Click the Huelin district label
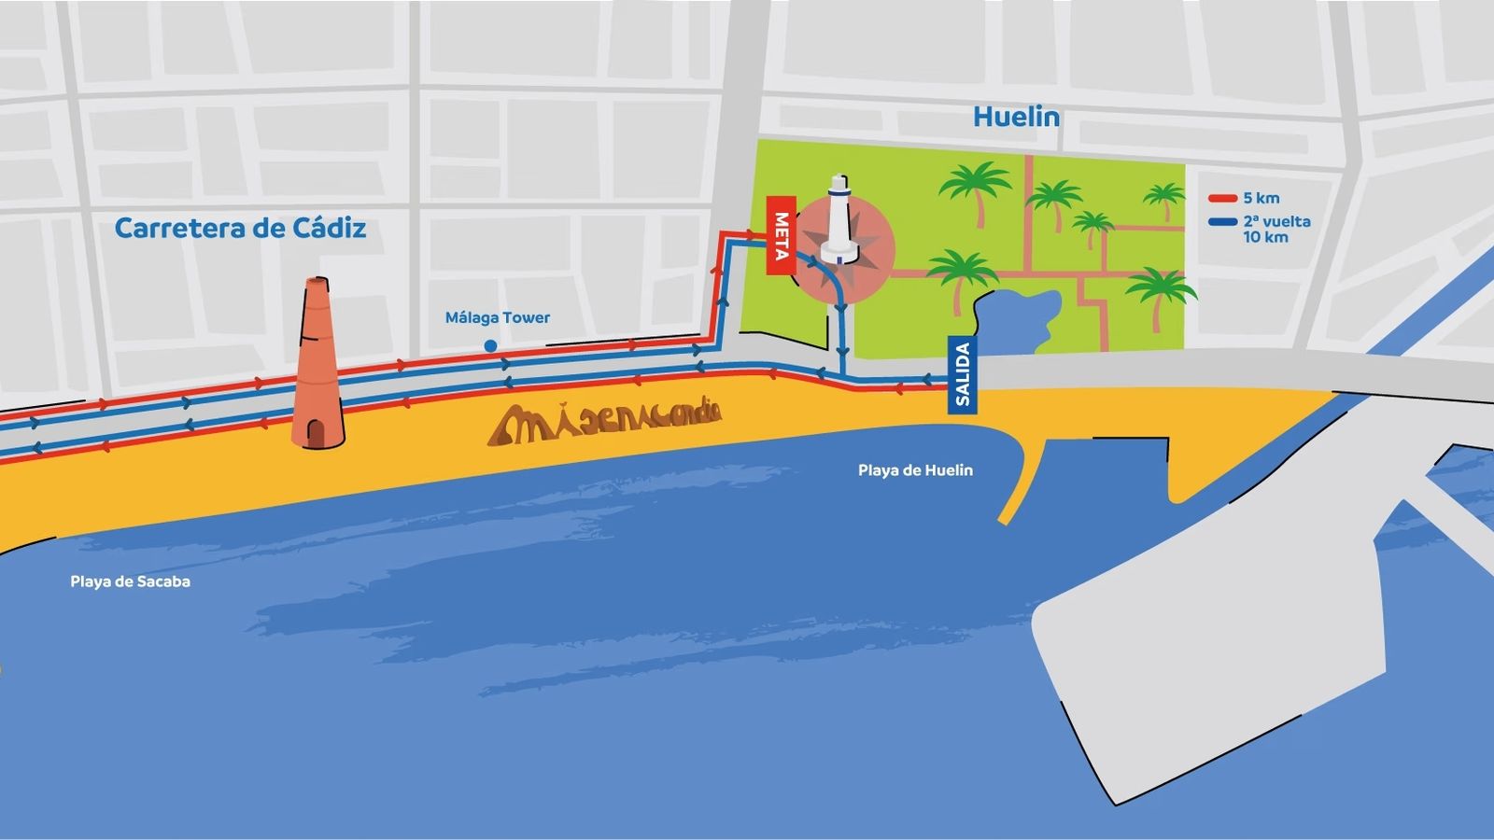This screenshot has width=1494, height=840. (x=1016, y=117)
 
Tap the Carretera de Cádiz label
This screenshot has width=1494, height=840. (x=240, y=228)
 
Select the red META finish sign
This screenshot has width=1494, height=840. (x=781, y=236)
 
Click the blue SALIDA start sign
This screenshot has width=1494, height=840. (x=963, y=374)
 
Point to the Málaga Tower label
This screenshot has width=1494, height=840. (x=498, y=317)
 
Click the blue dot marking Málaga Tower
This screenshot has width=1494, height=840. (x=490, y=346)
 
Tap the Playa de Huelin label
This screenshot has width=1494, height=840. (x=915, y=470)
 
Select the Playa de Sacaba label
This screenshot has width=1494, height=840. (x=130, y=581)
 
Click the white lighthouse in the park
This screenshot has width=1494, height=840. (x=840, y=222)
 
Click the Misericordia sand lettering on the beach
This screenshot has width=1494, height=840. (x=605, y=421)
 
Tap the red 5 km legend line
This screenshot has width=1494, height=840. (x=1222, y=199)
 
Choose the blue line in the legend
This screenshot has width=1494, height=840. (x=1222, y=222)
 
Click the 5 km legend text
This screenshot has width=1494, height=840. (x=1261, y=198)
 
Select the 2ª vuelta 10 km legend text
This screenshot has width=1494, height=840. (x=1276, y=230)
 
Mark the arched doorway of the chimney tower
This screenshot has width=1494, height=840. (x=317, y=431)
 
